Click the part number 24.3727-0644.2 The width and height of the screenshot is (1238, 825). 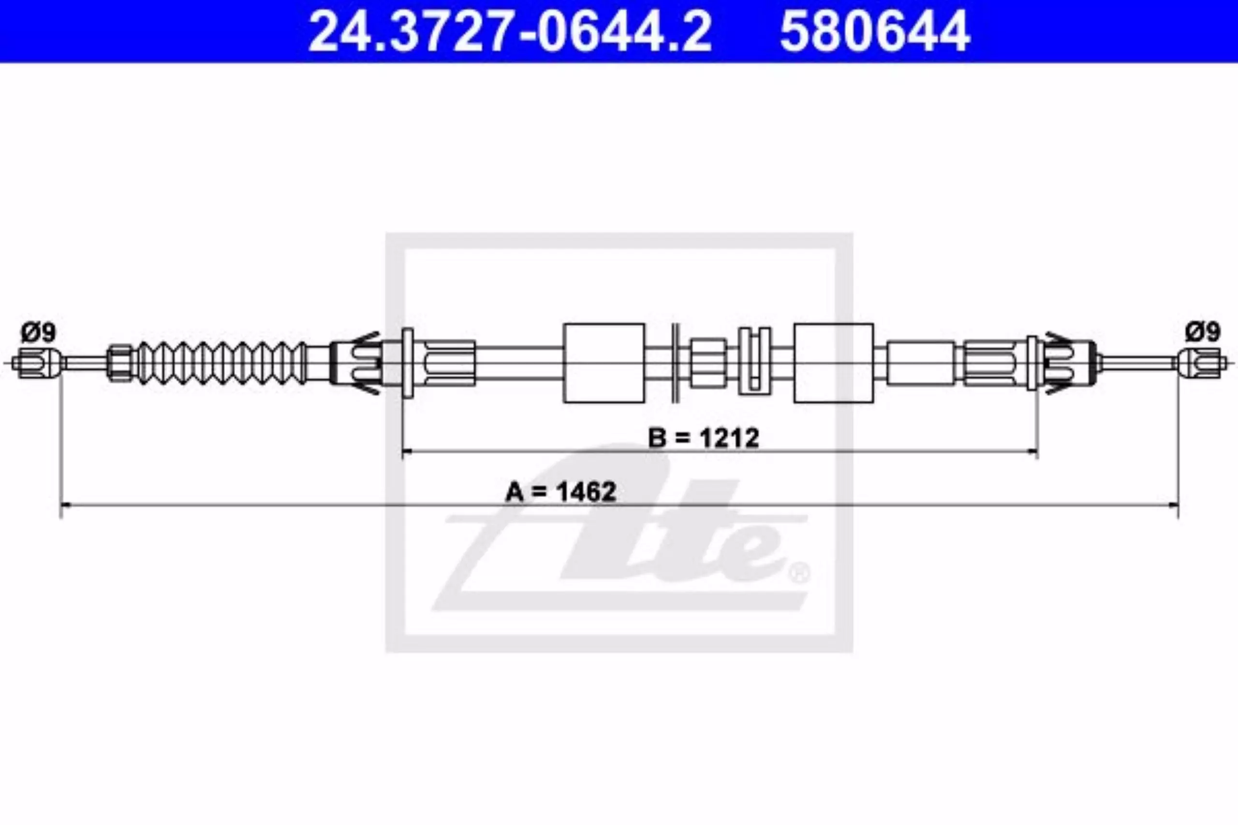(x=510, y=31)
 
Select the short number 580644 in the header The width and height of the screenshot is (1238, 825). (x=874, y=31)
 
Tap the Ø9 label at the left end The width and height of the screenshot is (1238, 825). (x=38, y=332)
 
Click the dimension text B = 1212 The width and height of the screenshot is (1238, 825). (x=703, y=438)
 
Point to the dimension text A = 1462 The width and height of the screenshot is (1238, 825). (x=560, y=492)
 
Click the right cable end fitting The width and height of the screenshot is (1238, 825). (x=1202, y=362)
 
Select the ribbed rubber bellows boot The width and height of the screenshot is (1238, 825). (x=221, y=362)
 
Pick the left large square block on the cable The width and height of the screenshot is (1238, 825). (x=604, y=363)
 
